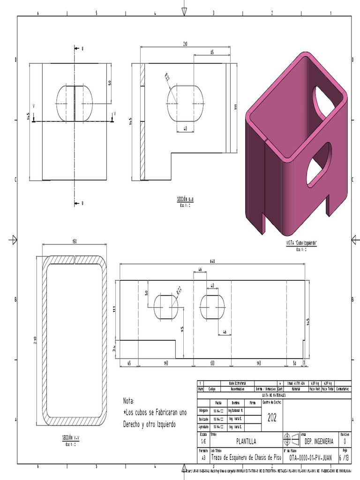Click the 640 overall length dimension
(x=212, y=262)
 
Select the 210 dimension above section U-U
(x=185, y=44)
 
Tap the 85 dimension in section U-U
(x=212, y=52)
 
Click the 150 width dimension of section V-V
(x=74, y=241)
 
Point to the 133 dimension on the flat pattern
(x=212, y=363)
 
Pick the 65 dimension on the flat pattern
(x=129, y=363)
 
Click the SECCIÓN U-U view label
(x=185, y=199)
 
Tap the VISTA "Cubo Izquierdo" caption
(x=301, y=243)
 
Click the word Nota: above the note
(x=129, y=401)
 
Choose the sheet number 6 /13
(x=344, y=457)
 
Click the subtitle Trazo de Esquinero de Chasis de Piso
(x=247, y=457)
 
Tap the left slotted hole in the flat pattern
(x=166, y=306)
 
